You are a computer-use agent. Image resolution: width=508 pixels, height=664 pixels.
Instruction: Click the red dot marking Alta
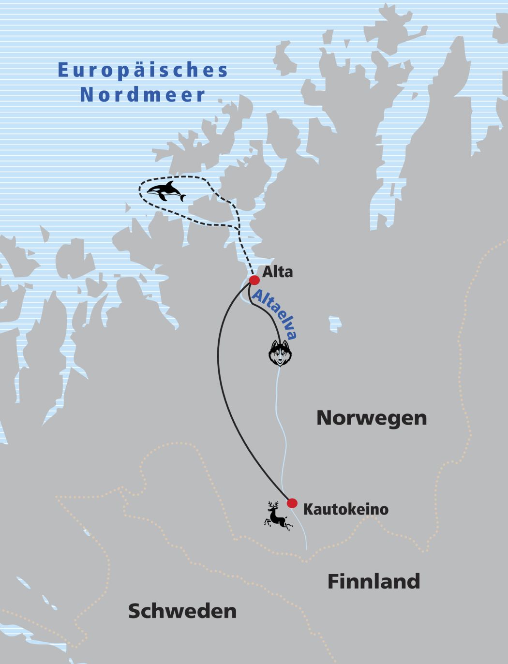point(254,280)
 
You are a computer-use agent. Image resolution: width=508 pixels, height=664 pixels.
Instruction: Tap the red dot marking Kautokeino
point(292,503)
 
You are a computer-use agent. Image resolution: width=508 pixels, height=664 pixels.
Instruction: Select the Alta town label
point(277,272)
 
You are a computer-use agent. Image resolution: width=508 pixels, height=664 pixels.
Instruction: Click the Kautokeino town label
point(345,509)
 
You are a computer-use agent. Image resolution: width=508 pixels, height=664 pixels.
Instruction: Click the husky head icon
point(280,353)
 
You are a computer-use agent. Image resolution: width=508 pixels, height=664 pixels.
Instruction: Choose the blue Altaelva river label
point(274,314)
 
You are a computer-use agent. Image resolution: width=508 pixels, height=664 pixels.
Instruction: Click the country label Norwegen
point(372,418)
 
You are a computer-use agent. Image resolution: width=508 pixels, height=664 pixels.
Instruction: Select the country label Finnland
point(374,581)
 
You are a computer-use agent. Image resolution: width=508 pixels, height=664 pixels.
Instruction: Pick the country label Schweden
point(182,611)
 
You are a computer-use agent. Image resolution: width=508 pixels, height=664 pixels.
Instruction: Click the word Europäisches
point(143,70)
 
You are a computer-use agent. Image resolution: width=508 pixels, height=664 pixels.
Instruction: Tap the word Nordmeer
point(143,95)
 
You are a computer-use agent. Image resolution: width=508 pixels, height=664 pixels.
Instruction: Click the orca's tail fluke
point(181,197)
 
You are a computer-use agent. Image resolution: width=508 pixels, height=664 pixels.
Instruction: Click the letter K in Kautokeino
point(308,509)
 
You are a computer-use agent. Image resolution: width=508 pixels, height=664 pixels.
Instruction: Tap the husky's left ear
point(273,344)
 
